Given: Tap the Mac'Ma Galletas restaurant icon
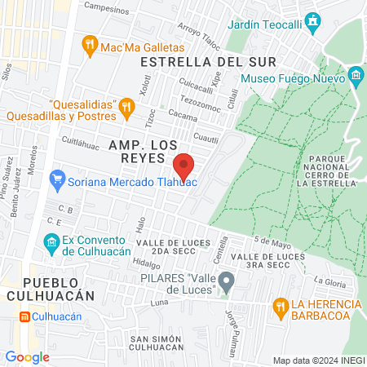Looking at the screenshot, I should [x=91, y=46].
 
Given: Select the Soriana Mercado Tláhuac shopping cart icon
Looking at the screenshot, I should [x=57, y=179].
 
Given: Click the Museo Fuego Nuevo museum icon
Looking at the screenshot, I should [x=356, y=78].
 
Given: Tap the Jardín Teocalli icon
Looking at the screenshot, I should [x=312, y=21].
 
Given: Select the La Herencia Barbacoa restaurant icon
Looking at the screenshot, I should [x=281, y=306].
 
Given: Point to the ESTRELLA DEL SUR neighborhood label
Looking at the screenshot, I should [x=208, y=62].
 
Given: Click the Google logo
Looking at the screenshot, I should [x=27, y=356].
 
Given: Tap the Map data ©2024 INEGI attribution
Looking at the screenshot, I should [x=317, y=360].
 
